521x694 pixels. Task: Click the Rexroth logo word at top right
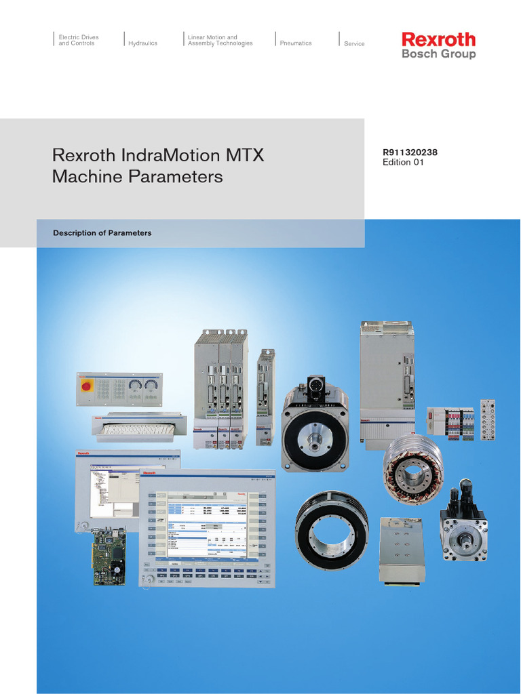[438, 39]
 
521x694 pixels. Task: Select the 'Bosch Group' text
[438, 54]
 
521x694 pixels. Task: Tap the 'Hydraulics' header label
[142, 43]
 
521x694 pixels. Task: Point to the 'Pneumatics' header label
[296, 43]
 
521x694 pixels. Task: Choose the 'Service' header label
[354, 44]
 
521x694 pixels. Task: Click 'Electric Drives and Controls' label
[77, 41]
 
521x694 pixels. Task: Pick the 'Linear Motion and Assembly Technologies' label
[220, 41]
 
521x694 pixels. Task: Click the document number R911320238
[410, 152]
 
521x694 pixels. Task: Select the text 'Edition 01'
[404, 163]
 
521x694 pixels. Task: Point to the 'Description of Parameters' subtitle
[102, 233]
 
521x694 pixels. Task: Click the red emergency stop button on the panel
[87, 386]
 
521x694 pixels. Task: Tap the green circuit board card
[109, 555]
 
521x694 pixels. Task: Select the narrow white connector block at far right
[486, 420]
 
